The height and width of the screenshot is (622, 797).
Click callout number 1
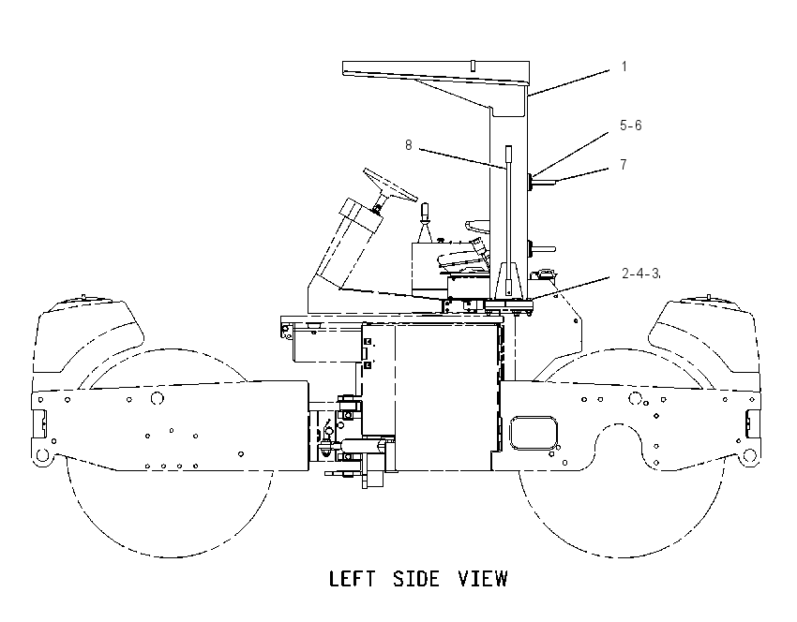pos(624,67)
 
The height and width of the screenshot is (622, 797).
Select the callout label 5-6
pos(631,126)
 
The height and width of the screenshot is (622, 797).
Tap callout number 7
pos(624,165)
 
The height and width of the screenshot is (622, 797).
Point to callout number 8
pos(408,145)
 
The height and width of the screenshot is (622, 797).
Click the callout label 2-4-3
pos(640,274)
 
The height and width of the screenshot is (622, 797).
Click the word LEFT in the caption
pos(353,579)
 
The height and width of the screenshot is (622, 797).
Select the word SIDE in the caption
pos(416,579)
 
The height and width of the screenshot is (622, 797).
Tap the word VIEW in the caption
pos(483,579)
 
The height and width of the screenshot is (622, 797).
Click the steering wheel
pos(390,185)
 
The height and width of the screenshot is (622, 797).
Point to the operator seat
pos(463,258)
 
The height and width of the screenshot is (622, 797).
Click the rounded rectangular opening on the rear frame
pos(534,433)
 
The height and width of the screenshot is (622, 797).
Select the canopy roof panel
pos(436,72)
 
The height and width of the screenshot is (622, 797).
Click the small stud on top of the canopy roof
pos(473,66)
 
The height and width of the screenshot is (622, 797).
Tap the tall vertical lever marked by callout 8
pos(508,221)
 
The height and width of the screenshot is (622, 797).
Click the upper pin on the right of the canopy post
pos(542,182)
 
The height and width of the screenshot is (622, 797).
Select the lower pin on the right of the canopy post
pos(542,249)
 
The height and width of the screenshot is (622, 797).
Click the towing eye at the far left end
pos(43,454)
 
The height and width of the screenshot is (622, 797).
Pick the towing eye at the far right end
pos(749,454)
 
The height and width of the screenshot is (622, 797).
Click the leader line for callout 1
pos(568,83)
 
